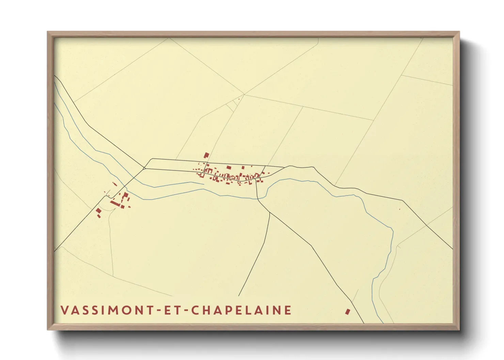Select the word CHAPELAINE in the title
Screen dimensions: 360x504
tap(240, 310)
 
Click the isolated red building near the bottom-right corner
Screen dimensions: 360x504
tap(347, 311)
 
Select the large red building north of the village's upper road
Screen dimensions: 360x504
tap(206, 156)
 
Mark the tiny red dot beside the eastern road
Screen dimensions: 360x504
tap(399, 209)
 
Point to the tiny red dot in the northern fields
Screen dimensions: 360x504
tap(239, 99)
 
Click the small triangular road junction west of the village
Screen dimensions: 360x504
tap(144, 168)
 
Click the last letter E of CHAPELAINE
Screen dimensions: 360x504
tap(288, 310)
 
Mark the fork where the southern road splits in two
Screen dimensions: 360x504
tap(270, 213)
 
